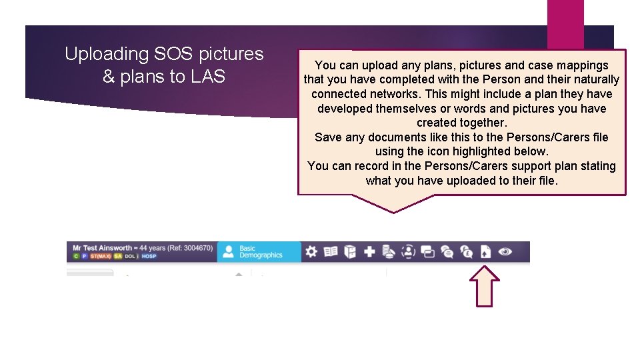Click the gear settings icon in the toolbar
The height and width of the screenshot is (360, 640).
click(311, 251)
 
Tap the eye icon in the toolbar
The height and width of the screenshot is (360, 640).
click(505, 251)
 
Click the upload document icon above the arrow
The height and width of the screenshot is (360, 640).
click(486, 251)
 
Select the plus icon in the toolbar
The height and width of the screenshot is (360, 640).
click(369, 251)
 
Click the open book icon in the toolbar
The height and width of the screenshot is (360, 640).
click(331, 251)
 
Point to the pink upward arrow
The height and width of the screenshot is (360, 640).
click(488, 286)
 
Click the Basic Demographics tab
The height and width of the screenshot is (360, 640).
click(259, 251)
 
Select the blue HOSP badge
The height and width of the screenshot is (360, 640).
click(149, 256)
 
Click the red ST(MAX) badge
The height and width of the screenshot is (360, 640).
click(101, 256)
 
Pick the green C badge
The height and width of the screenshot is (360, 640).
click(76, 256)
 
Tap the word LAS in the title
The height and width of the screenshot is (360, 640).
click(208, 77)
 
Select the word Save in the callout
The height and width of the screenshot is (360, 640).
click(327, 137)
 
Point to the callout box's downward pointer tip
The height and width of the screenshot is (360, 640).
click(393, 211)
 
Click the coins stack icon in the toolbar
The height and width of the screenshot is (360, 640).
click(389, 251)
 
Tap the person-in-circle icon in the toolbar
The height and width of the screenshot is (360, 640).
click(408, 251)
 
